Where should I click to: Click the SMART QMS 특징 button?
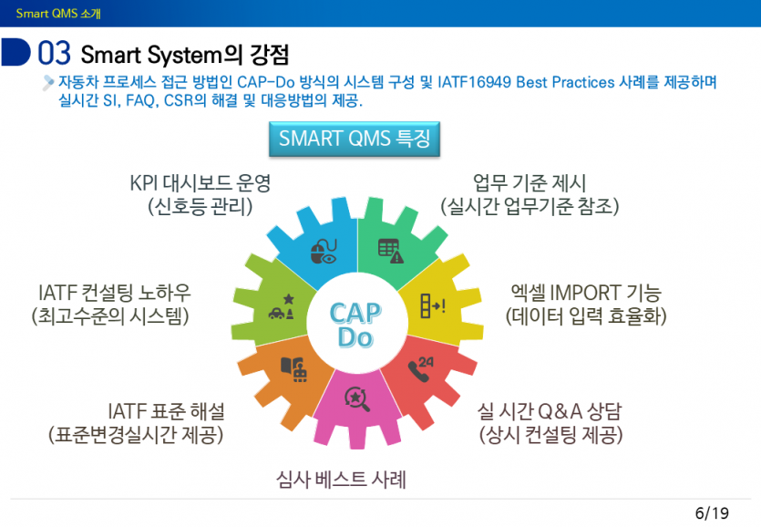[355, 139]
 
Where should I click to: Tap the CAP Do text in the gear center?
[355, 325]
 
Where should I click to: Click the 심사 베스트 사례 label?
[340, 478]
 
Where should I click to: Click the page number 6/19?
[712, 512]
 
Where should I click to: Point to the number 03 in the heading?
[54, 53]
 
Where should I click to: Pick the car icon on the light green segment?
[280, 307]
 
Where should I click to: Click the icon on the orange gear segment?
[293, 368]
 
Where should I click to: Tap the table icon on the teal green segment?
[390, 250]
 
